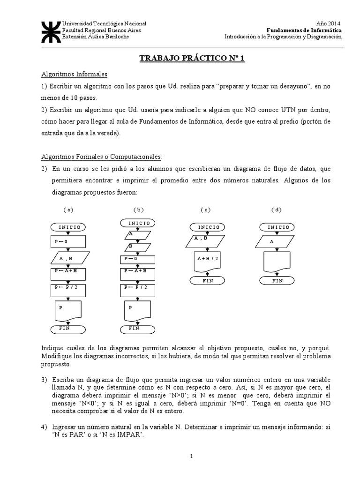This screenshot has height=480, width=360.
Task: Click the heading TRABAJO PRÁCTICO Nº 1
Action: pos(192,58)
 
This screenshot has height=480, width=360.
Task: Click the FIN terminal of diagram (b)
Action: pos(134,328)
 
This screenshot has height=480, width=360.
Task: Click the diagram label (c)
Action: pos(205,210)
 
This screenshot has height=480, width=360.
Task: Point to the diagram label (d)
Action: pos(276,210)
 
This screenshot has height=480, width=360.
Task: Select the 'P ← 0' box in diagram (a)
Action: pos(68,241)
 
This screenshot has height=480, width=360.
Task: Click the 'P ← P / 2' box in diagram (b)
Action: pos(137,287)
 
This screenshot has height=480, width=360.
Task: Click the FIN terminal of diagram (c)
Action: pos(207,281)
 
